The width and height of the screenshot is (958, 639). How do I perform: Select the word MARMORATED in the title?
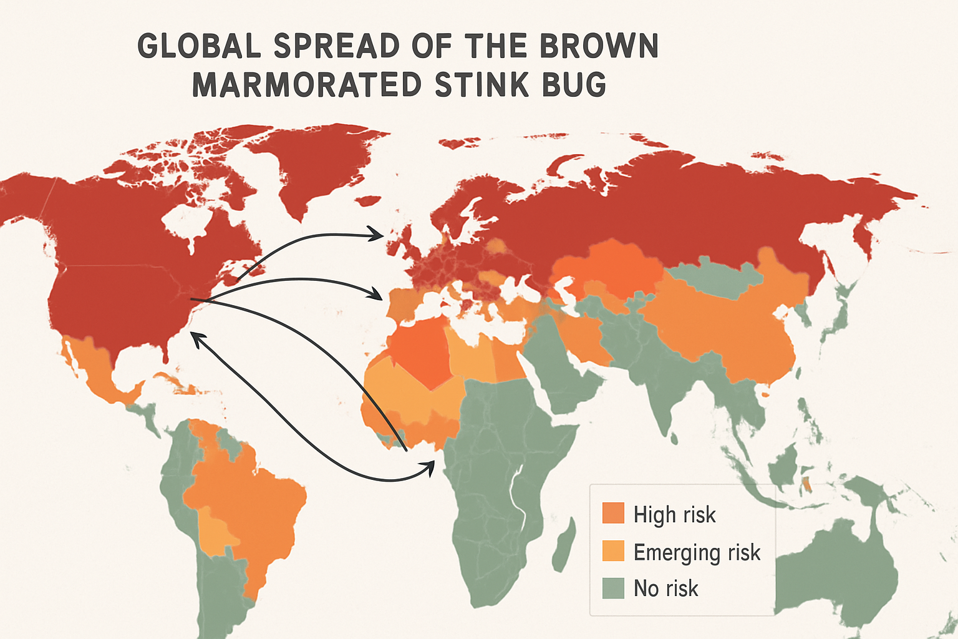pos(306,85)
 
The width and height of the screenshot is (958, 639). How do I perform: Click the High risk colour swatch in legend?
pos(613,513)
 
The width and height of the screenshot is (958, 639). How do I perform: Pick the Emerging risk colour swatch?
pos(613,550)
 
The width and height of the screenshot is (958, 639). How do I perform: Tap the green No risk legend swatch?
pos(613,588)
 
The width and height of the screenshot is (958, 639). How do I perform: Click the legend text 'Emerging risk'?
pos(697,552)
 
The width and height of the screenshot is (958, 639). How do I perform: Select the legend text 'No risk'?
pos(665,588)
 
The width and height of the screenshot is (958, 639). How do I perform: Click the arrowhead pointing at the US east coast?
pos(194,336)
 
